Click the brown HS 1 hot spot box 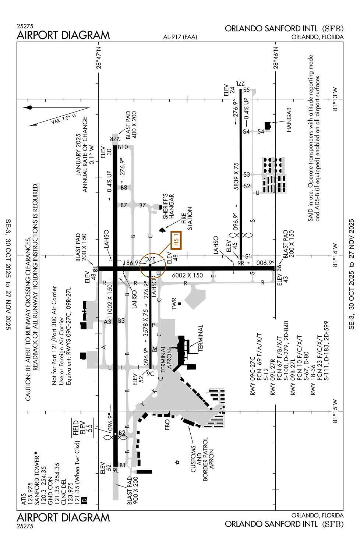coord(176,240)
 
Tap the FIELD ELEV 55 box coord(83,428)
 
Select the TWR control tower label coord(174,304)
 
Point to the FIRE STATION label coord(187,218)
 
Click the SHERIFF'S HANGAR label coord(168,206)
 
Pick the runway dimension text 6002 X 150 coord(187,275)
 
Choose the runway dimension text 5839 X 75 coord(236,176)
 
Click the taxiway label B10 coord(123,147)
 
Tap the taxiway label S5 coord(246,90)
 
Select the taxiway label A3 coord(107,322)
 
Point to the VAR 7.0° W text coord(64,118)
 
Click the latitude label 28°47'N coord(98,57)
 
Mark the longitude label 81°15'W coord(335,411)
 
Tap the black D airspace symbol coord(84,500)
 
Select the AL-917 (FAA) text coord(180,37)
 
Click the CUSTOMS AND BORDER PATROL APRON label coord(202,459)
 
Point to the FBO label coord(167,425)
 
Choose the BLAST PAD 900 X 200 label coord(133,490)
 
